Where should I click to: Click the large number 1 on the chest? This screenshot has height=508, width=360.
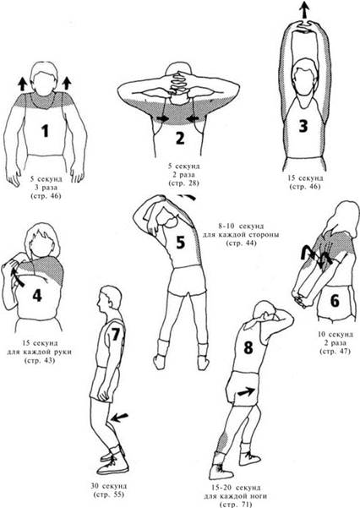tap(45, 130)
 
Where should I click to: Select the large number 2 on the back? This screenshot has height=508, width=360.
tap(180, 139)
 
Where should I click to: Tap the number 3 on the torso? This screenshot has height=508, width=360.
tap(303, 126)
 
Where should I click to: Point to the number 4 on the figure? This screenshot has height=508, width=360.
tap(37, 296)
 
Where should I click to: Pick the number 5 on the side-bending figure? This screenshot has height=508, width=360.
tap(180, 243)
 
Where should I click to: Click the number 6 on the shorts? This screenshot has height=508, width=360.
tap(335, 301)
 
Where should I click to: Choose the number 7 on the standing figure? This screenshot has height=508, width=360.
tap(116, 335)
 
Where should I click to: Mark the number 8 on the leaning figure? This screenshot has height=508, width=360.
tap(248, 347)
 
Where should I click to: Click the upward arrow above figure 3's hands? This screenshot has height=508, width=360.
tap(303, 9)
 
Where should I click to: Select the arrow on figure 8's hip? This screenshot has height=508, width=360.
tap(248, 391)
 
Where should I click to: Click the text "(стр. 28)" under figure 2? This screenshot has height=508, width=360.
tap(183, 183)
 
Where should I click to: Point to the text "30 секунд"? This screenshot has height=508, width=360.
tap(108, 486)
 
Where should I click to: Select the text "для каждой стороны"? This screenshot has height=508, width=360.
tap(242, 235)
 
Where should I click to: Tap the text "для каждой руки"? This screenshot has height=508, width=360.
tap(39, 352)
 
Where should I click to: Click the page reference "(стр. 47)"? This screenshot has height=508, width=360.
tap(335, 351)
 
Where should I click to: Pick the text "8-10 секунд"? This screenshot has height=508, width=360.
tap(241, 227)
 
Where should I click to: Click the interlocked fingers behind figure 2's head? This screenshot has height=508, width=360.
tap(178, 80)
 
